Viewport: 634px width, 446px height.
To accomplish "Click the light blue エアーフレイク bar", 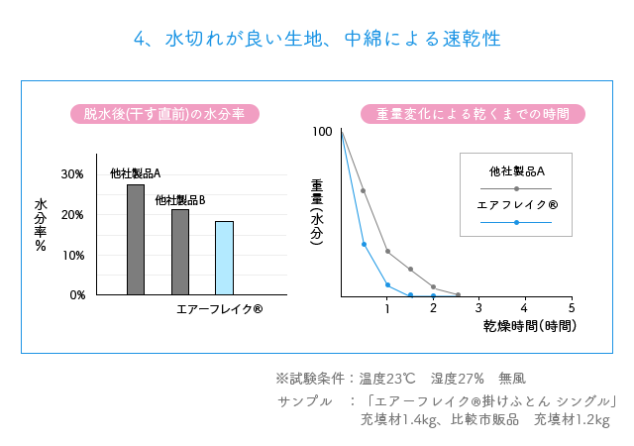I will pos(224,258).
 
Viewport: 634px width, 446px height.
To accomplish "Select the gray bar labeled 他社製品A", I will pos(136,240).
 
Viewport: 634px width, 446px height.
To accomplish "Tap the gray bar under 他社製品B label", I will pos(180,252).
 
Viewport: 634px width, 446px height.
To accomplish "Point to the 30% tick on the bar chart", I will pos(72,174).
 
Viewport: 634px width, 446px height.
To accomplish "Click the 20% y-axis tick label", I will pos(72,215).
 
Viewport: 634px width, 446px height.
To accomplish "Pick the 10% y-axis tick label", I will pos(72,256).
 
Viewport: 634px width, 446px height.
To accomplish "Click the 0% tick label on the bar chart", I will pos(76,295).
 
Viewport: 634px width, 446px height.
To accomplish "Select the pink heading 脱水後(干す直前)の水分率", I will pos(164,114).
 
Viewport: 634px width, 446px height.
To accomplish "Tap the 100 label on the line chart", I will pos(322,132).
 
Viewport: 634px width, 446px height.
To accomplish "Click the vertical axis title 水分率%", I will pos(41,225).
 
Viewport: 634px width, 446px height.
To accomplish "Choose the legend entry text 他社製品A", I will pos(517,170).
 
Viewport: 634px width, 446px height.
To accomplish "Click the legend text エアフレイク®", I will pos(517,205).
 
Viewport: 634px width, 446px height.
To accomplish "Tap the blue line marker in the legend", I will pos(517,223).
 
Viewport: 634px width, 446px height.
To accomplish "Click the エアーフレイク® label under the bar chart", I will pos(219,309).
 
